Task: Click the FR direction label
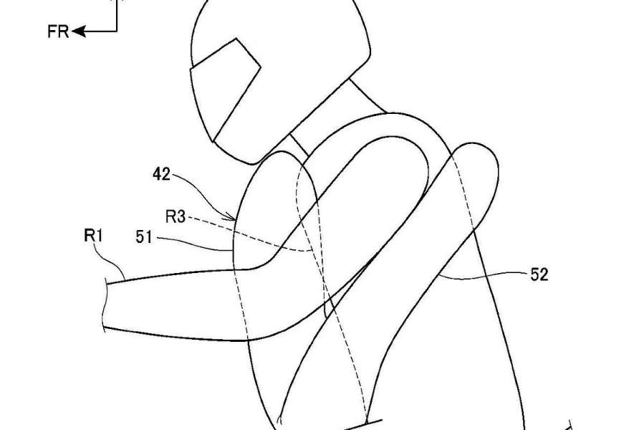[x=58, y=32]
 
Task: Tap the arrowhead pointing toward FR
[x=79, y=32]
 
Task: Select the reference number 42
[x=161, y=174]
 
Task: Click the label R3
[x=176, y=216]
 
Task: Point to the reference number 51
[x=144, y=237]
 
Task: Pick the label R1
[x=93, y=236]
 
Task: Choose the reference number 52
[x=539, y=274]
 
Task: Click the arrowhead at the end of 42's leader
[x=233, y=217]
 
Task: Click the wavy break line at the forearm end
[x=105, y=304]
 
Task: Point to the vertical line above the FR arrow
[x=117, y=16]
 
